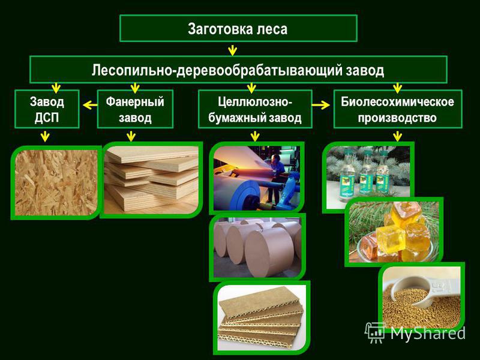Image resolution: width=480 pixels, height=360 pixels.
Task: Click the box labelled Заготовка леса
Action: (238, 28)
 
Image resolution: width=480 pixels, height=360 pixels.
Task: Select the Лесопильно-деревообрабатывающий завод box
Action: (238, 70)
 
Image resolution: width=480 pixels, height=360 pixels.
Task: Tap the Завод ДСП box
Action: (47, 109)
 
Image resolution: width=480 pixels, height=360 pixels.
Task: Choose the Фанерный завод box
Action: (135, 109)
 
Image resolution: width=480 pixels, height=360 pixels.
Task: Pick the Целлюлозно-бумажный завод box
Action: (255, 109)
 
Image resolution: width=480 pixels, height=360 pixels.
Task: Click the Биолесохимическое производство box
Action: (398, 109)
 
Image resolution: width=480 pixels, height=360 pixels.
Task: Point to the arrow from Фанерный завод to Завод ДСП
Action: (90, 106)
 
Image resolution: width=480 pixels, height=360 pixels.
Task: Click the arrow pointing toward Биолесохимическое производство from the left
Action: (321, 105)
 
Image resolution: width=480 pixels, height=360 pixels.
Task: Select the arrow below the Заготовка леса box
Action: (233, 50)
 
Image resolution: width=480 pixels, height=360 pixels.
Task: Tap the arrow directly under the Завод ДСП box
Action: (46, 136)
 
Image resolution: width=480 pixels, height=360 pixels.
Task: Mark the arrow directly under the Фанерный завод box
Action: (131, 136)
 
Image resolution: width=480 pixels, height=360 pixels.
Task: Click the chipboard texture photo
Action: (56, 183)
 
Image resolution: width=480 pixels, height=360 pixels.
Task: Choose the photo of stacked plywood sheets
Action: (151, 179)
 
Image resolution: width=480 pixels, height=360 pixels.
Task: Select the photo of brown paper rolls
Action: (257, 247)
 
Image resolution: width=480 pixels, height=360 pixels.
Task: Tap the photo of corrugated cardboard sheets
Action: (262, 318)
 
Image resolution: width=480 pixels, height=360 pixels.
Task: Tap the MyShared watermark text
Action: (415, 332)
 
